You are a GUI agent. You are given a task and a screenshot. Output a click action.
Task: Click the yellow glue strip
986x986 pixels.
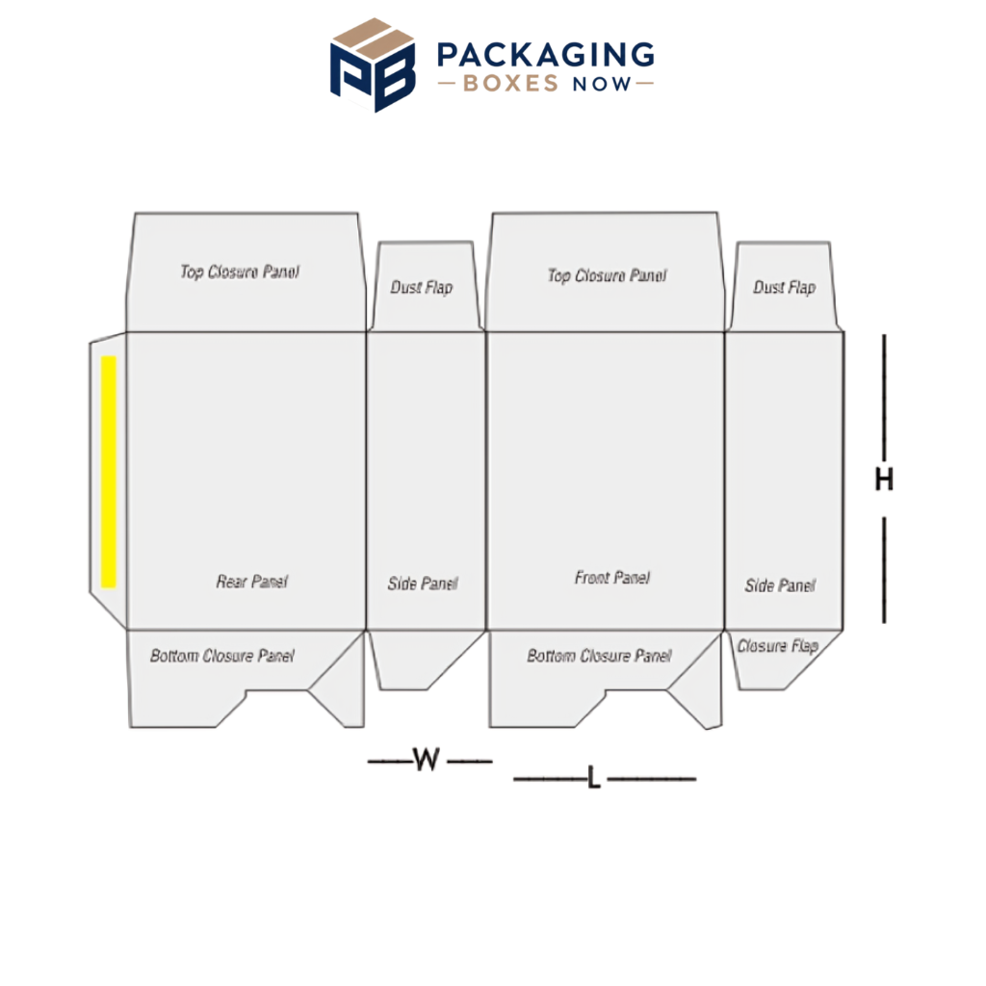pyautogui.click(x=109, y=472)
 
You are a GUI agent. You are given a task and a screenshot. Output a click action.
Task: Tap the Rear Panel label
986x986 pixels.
pyautogui.click(x=252, y=581)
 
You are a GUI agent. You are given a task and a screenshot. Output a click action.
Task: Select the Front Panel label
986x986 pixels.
pyautogui.click(x=611, y=578)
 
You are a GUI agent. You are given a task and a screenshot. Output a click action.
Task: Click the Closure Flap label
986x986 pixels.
pyautogui.click(x=777, y=646)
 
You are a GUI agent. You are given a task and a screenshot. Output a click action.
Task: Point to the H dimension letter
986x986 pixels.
pyautogui.click(x=884, y=480)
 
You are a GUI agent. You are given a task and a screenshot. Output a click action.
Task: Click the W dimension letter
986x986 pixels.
pyautogui.click(x=427, y=759)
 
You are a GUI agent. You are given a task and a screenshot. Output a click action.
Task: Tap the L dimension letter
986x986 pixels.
pyautogui.click(x=593, y=778)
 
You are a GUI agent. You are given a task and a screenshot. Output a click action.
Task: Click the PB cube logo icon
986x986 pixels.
pyautogui.click(x=373, y=65)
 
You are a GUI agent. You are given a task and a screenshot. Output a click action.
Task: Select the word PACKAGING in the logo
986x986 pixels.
pyautogui.click(x=545, y=55)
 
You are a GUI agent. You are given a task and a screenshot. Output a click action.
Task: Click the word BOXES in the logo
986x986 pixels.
pyautogui.click(x=510, y=83)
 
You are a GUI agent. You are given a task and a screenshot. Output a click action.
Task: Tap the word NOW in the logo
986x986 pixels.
pyautogui.click(x=601, y=84)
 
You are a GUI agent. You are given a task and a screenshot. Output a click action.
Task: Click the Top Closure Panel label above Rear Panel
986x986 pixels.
pyautogui.click(x=240, y=272)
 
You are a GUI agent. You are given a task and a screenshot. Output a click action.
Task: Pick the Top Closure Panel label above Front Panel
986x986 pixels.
pyautogui.click(x=607, y=275)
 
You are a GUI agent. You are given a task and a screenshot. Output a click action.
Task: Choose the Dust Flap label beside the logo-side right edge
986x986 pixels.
pyautogui.click(x=784, y=287)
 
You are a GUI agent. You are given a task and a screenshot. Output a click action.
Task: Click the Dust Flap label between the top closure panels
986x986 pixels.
pyautogui.click(x=422, y=287)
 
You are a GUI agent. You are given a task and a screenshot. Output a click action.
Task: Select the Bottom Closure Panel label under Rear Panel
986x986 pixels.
pyautogui.click(x=222, y=656)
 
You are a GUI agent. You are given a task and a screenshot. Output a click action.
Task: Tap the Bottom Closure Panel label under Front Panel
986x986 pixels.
pyautogui.click(x=599, y=656)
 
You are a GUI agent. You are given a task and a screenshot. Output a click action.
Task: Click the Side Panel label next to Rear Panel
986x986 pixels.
pyautogui.click(x=423, y=584)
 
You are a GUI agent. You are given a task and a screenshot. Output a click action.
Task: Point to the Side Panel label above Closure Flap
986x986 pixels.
pyautogui.click(x=780, y=585)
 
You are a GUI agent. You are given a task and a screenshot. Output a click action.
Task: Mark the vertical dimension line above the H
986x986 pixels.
pyautogui.click(x=884, y=398)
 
